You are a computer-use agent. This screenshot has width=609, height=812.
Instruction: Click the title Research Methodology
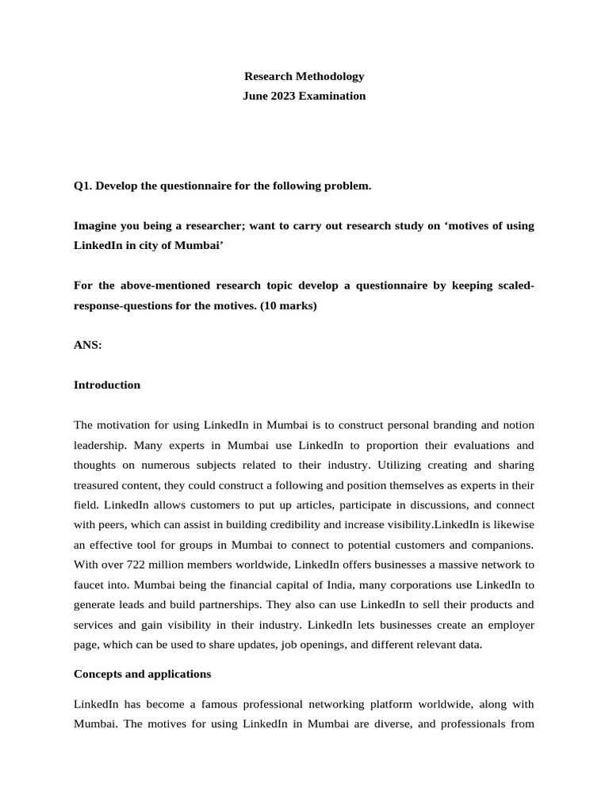click(304, 77)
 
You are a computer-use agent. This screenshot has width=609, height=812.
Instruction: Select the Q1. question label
click(83, 186)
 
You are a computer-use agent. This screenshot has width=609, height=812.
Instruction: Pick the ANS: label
click(87, 345)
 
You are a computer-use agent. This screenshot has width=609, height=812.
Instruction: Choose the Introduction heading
click(107, 385)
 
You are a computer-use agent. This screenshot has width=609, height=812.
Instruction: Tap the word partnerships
click(236, 604)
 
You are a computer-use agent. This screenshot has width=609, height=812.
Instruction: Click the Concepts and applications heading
click(142, 674)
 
